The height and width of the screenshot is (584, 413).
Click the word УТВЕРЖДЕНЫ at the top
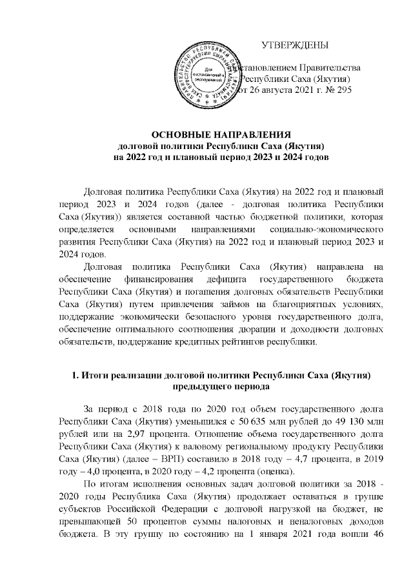point(295,45)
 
